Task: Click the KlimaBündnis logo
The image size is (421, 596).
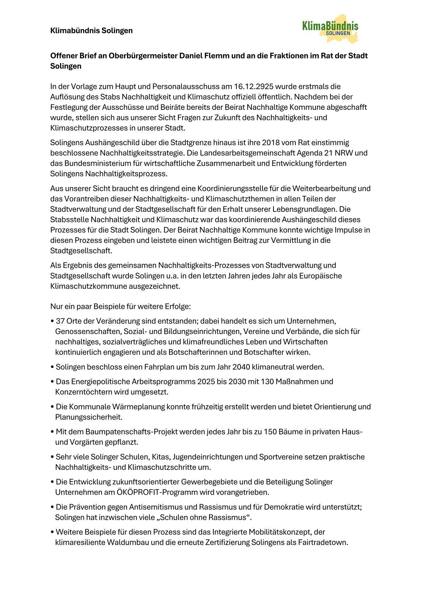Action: (x=330, y=28)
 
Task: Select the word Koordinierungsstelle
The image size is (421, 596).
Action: (x=234, y=188)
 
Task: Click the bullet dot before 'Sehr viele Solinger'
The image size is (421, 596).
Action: (x=52, y=457)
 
